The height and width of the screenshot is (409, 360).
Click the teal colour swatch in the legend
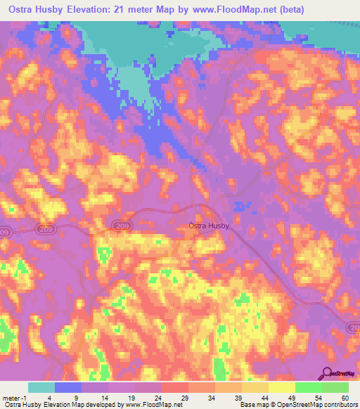pos(41,387)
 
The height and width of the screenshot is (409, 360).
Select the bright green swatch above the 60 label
pos(335,387)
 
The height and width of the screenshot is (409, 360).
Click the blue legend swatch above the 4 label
pos(68,387)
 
